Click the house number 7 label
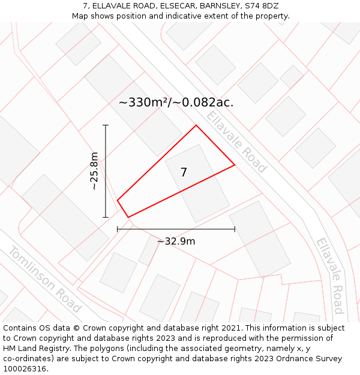tap(184, 173)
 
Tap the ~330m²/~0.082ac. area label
tap(176, 103)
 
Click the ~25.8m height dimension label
tap(94, 171)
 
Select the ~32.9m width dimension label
tap(176, 241)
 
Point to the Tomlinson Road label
tap(44, 278)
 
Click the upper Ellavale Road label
tap(236, 142)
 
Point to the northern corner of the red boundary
tap(196, 125)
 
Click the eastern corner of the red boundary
tap(235, 164)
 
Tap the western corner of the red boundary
tap(117, 200)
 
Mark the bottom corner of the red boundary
tap(128, 217)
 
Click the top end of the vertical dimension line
tap(106, 125)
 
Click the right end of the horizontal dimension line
tap(235, 229)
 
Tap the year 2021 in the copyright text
tap(231, 328)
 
